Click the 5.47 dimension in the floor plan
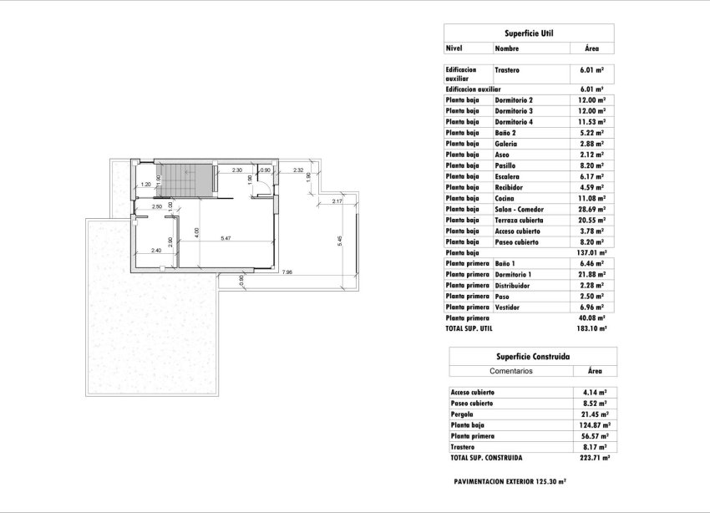click(226, 240)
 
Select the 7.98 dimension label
click(287, 272)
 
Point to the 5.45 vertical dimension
click(339, 240)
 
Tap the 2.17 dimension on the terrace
click(337, 201)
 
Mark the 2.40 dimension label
click(155, 251)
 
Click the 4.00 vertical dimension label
click(197, 231)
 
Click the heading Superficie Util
click(528, 33)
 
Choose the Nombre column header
click(506, 49)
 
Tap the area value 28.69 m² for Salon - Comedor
click(591, 210)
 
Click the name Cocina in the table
click(506, 199)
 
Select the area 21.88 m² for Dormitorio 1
click(591, 275)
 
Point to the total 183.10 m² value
click(591, 329)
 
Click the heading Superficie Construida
click(533, 356)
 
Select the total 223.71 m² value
click(594, 458)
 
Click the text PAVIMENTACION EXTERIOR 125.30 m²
click(510, 482)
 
